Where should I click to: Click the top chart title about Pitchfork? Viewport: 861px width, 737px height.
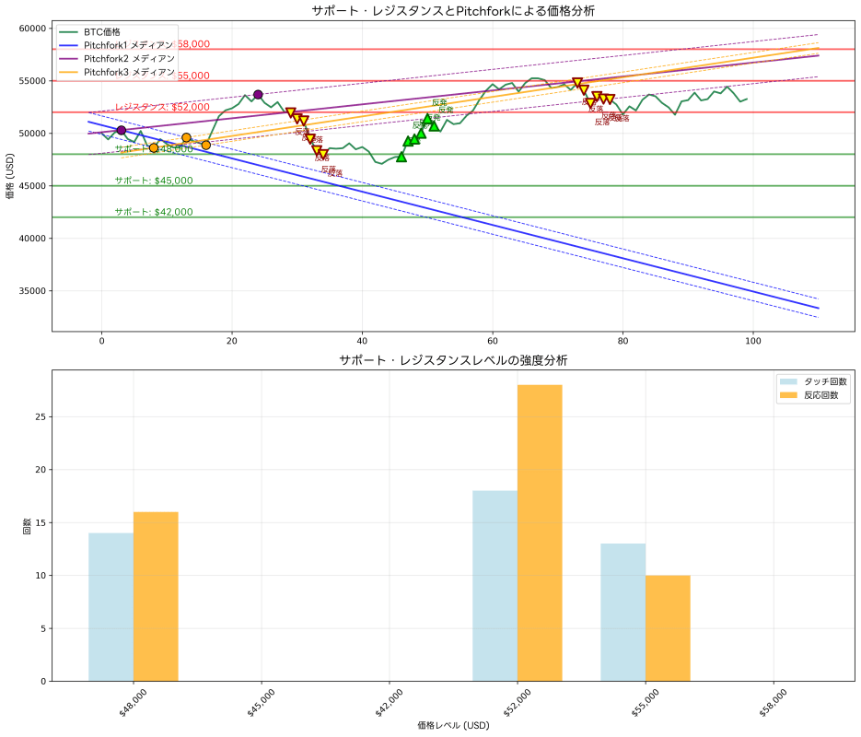click(453, 11)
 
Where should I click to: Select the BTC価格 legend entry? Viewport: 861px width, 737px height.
click(101, 32)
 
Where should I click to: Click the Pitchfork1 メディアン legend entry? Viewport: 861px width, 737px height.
click(128, 45)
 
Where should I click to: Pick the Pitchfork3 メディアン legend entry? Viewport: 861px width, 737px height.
click(128, 72)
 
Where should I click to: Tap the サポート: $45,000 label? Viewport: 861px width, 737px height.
click(154, 181)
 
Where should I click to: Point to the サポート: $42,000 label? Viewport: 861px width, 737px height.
click(154, 212)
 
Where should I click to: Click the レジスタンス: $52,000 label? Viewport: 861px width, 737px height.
click(162, 107)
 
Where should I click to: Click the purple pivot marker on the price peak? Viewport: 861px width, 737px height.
click(258, 94)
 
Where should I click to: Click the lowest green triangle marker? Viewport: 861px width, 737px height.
click(401, 157)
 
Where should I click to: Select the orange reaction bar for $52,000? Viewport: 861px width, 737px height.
click(540, 532)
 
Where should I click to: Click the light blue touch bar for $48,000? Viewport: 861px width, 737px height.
click(111, 607)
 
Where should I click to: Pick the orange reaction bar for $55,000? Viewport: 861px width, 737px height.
click(668, 628)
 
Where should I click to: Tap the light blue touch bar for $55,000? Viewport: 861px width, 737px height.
click(623, 612)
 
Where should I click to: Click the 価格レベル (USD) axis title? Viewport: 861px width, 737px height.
click(453, 726)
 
